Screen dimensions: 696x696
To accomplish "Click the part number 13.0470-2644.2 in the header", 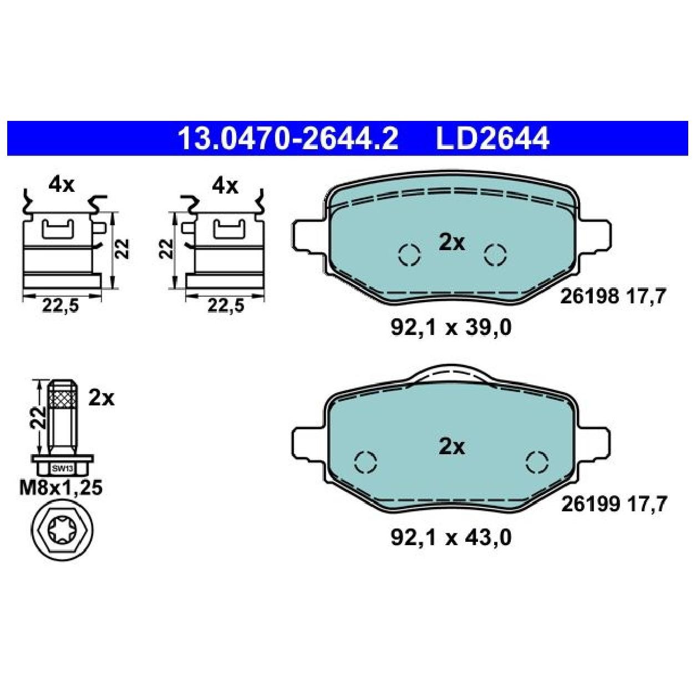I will (287, 138).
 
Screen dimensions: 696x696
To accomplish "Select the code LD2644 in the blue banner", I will (492, 138).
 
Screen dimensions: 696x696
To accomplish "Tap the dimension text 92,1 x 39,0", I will (450, 328).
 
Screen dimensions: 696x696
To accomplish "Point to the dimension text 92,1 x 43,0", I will (450, 537).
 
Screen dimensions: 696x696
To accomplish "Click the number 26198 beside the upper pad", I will (590, 297).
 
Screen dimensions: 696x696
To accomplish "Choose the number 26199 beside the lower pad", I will (590, 505).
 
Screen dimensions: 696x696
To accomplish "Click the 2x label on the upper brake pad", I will (451, 242).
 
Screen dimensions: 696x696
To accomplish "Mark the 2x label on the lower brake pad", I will (451, 446).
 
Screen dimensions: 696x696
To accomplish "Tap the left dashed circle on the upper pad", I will (410, 255).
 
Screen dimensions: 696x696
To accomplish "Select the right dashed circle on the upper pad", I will (495, 255).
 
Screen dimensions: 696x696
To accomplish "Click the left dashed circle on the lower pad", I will (365, 461).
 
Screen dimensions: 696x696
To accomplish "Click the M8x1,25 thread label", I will (61, 488).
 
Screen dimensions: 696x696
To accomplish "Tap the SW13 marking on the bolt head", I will (59, 468).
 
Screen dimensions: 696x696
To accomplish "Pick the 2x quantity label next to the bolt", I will (101, 398).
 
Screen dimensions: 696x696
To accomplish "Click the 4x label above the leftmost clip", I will (61, 185).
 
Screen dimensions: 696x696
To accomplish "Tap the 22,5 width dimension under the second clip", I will (226, 306).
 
